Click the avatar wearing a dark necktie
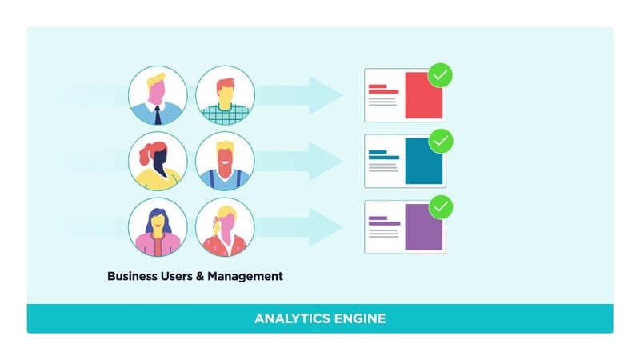[158, 95]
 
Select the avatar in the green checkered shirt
[225, 95]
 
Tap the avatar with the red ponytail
[158, 162]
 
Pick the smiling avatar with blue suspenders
[225, 162]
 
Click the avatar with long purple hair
[158, 227]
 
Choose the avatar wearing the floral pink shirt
[225, 227]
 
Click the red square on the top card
[423, 95]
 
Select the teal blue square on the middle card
[423, 161]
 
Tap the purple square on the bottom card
[423, 227]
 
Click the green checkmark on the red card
[441, 76]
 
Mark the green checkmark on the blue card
[441, 142]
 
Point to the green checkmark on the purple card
[441, 209]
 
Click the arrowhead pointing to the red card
[326, 95]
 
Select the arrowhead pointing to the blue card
[326, 162]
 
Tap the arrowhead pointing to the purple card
[326, 227]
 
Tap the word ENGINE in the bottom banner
[361, 318]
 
